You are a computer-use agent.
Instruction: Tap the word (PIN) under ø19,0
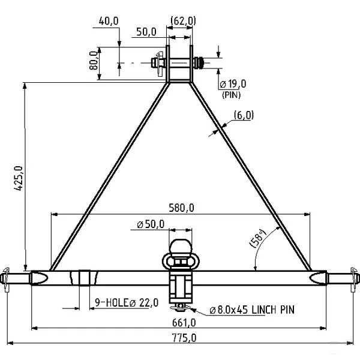231,95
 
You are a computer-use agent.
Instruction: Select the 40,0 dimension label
108,20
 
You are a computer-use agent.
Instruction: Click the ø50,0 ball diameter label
151,224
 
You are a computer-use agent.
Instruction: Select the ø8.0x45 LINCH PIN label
251,310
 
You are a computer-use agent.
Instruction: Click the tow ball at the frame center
180,248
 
